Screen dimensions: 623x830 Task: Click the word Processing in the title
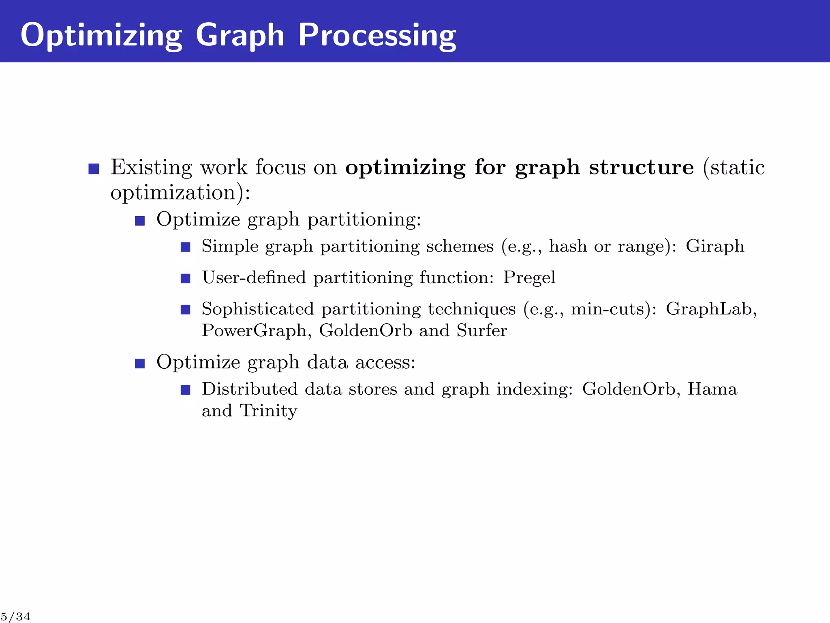pos(377,36)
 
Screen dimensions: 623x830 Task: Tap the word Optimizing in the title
pos(101,36)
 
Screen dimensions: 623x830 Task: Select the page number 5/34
pos(15,617)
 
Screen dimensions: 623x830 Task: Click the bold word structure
pos(641,167)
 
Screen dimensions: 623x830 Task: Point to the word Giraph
pos(715,246)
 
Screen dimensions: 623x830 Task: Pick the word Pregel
pos(529,278)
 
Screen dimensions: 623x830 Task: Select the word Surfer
pos(481,331)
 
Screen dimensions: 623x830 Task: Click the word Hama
pos(712,389)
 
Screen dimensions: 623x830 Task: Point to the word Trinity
pos(268,411)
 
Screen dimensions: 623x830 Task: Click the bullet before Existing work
pos(94,169)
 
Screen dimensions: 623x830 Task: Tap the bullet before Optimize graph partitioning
pos(140,221)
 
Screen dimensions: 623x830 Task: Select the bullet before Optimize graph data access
pos(140,363)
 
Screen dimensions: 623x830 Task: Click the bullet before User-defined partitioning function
pos(186,279)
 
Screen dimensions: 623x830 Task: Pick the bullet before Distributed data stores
pos(186,390)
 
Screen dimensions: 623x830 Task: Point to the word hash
pos(568,246)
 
